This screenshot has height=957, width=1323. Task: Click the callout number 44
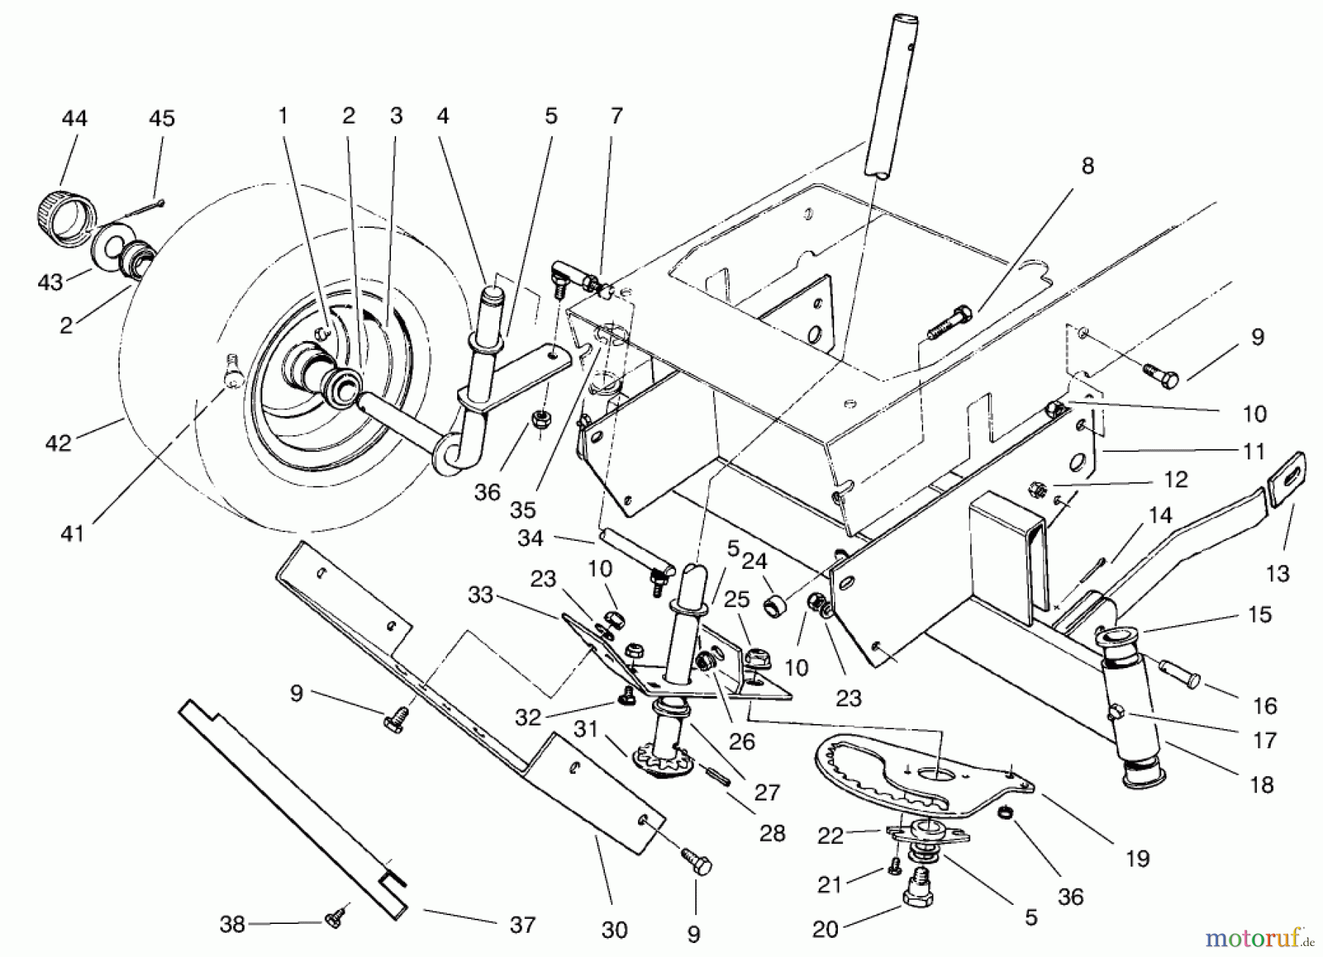(x=74, y=118)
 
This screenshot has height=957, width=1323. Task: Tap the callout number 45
(x=162, y=118)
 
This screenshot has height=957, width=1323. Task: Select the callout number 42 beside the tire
(x=59, y=443)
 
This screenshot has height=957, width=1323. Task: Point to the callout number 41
(x=72, y=534)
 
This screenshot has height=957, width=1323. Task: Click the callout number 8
(x=1088, y=166)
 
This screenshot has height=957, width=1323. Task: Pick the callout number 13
(x=1277, y=573)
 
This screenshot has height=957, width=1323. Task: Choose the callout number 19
(x=1138, y=858)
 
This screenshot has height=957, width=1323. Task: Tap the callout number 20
(x=825, y=930)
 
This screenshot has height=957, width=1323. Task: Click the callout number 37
(x=523, y=925)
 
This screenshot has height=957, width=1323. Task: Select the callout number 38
(x=232, y=924)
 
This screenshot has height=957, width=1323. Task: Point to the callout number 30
(x=614, y=930)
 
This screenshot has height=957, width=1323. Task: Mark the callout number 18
(x=1261, y=785)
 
